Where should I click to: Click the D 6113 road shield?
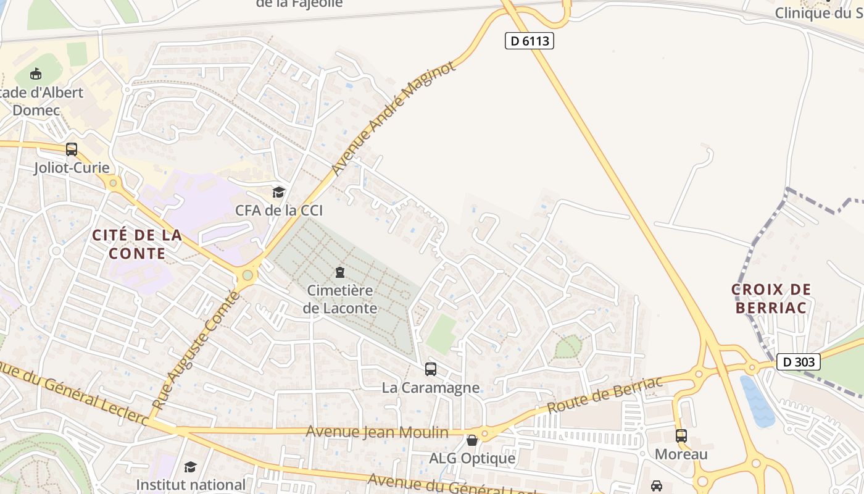point(530,41)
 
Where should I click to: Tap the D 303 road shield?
point(798,362)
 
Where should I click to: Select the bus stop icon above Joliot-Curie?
point(72,149)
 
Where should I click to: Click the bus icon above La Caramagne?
point(431,369)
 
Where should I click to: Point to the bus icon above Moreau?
point(681,436)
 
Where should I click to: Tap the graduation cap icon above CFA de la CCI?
point(279,193)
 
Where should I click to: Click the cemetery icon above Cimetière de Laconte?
point(339,272)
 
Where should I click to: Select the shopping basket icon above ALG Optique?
point(472,440)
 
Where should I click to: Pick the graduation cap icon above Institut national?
point(190,467)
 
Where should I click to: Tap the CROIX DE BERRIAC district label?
point(771,298)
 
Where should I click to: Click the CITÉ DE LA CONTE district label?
point(137,244)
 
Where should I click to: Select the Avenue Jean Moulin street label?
point(377,432)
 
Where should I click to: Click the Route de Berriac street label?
point(605,395)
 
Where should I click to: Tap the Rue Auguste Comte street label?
point(195,352)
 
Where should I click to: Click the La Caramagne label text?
point(431,388)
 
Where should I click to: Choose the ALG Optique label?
point(472,458)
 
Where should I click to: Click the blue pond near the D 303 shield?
point(757,401)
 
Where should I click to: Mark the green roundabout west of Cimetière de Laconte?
point(248,275)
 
